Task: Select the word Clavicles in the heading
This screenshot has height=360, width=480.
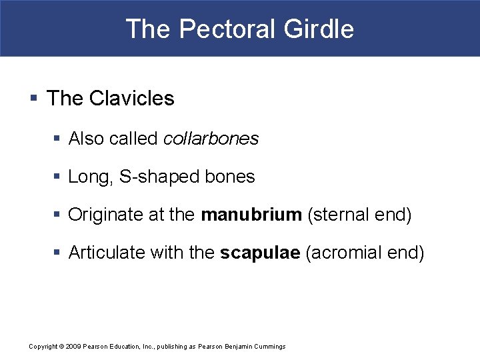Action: pos(131,99)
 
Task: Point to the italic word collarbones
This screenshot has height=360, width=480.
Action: pos(211,139)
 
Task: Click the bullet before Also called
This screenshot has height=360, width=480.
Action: pos(57,139)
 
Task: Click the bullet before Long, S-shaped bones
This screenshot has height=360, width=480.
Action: pos(57,177)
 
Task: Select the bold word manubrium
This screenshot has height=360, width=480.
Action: pos(251,215)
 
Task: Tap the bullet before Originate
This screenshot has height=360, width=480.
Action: pos(57,215)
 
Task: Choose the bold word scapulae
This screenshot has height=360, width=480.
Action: pos(260,253)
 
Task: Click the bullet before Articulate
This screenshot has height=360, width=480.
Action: pos(57,253)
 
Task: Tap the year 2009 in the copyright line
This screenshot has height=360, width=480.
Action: pos(74,347)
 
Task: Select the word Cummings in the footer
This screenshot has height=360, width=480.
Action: pos(269,347)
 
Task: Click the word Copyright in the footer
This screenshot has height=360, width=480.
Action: pos(43,347)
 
